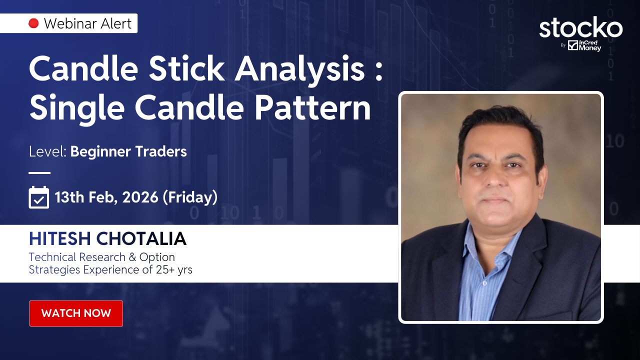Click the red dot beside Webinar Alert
[x=33, y=23]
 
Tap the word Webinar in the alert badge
[x=66, y=23]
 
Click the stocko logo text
[x=581, y=27]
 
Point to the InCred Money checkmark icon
[x=573, y=45]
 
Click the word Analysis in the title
[x=299, y=70]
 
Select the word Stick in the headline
[x=186, y=68]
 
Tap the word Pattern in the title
[x=312, y=107]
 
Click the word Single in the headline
[x=77, y=109]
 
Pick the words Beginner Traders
[x=128, y=151]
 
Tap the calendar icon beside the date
[x=39, y=197]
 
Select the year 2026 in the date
[x=140, y=197]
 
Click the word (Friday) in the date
[x=190, y=197]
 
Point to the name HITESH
[x=59, y=239]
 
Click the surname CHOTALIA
[x=141, y=239]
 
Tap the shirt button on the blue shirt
[x=484, y=283]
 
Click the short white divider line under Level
[x=39, y=173]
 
